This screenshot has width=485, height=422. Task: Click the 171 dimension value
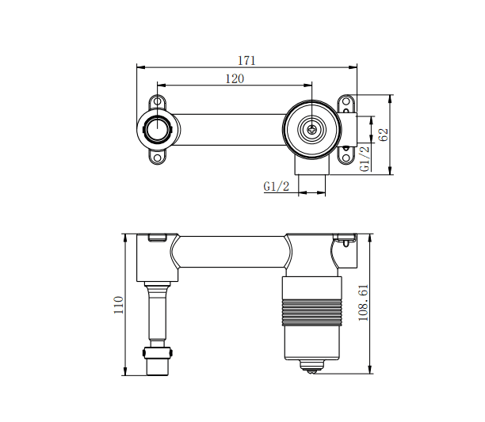(x=248, y=60)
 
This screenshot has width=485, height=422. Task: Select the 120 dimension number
(x=235, y=78)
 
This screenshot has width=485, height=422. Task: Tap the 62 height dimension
(x=384, y=135)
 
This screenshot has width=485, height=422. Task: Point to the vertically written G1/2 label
(x=365, y=158)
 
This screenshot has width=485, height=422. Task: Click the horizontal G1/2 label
(x=276, y=187)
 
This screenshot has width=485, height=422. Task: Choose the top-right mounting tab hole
(x=346, y=103)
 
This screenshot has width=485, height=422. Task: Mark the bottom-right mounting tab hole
(x=346, y=156)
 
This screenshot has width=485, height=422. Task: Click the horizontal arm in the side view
(x=230, y=254)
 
